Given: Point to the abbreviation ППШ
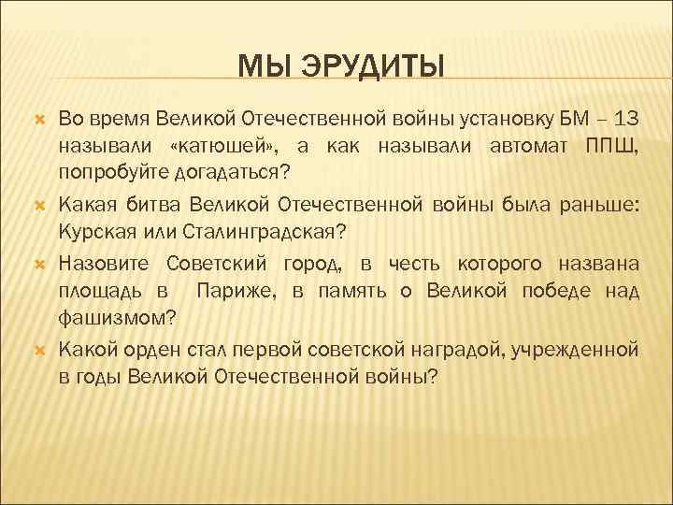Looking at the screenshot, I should point(611,147).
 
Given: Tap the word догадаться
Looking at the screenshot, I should point(230,173).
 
